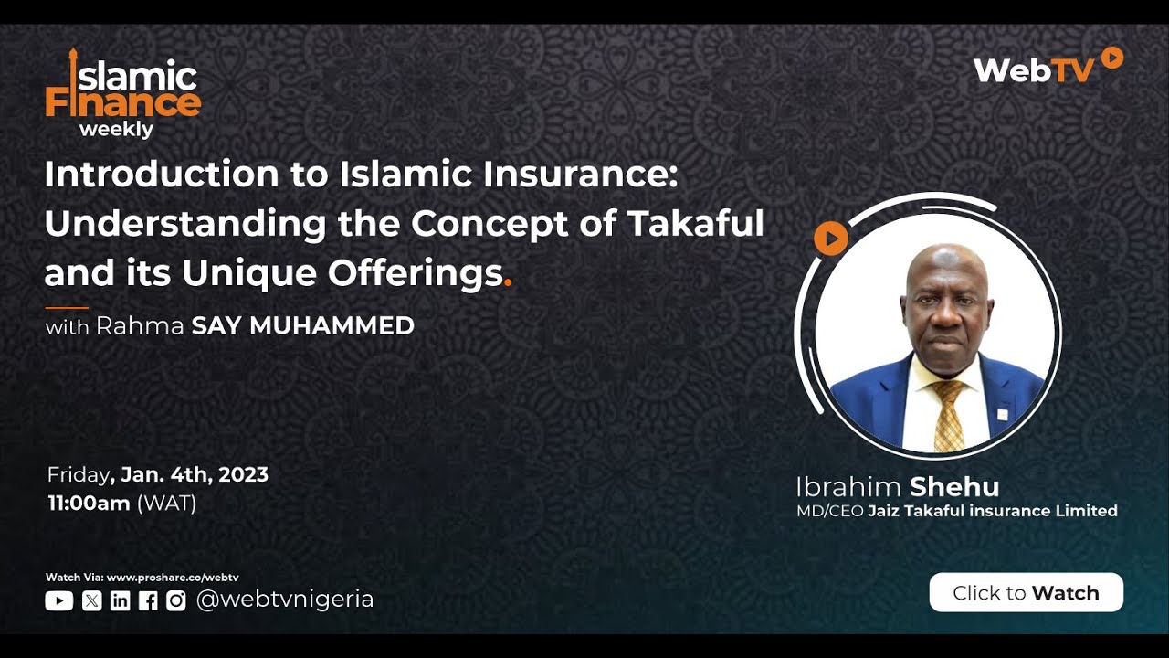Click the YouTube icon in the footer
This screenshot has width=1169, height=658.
58,600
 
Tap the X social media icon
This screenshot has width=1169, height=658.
91,600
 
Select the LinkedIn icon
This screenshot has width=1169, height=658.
120,600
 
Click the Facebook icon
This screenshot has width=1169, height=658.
148,600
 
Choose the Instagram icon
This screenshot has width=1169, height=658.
176,600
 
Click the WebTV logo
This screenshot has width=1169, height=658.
1047,67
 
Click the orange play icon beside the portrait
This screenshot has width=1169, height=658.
830,239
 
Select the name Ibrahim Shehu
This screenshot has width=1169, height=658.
897,486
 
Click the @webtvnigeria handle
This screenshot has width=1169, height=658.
285,600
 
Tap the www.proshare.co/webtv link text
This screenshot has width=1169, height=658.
173,578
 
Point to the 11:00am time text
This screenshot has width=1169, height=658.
89,504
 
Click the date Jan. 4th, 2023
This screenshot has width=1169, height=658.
195,475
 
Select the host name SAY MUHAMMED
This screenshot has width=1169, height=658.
302,325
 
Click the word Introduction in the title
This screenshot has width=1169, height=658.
162,174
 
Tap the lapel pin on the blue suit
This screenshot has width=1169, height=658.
1002,414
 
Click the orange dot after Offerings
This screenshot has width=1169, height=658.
508,284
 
